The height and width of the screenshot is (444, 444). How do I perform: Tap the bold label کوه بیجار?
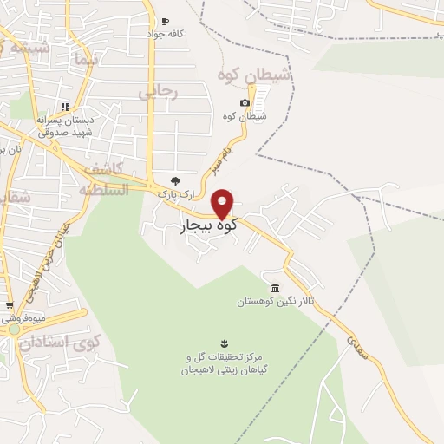(x=208, y=228)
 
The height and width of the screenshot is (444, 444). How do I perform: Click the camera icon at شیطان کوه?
(x=245, y=103)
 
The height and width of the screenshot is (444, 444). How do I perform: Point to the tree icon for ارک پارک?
(x=175, y=181)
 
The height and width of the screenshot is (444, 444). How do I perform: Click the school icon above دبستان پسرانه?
(x=41, y=110)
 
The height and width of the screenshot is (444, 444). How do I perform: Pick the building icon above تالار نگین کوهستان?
(x=275, y=288)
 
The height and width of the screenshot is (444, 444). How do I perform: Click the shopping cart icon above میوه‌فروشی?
(x=10, y=305)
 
